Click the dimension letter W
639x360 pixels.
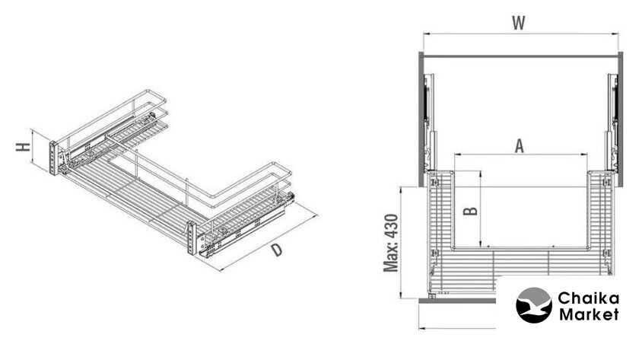518,23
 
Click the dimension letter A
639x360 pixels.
519,146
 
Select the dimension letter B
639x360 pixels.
471,211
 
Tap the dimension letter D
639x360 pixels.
277,250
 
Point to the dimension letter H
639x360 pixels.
24,147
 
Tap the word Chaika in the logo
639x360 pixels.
588,298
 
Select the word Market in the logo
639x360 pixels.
589,314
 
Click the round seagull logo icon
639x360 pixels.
534,305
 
